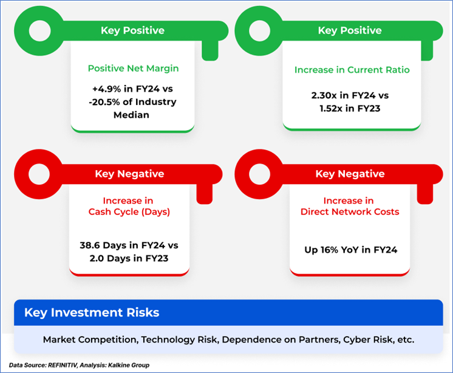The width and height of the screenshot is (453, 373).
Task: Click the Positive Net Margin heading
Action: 133,69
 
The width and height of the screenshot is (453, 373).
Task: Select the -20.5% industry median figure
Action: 104,102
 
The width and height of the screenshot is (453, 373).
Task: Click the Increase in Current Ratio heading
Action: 352,70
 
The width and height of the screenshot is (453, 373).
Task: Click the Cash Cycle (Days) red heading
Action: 129,212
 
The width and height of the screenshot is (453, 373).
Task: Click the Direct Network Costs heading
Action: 350,212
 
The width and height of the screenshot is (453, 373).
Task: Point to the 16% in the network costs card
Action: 329,250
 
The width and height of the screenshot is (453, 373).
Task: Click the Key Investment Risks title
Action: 92,313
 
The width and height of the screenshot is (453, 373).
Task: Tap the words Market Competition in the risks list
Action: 90,340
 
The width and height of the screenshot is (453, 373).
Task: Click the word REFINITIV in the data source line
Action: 63,365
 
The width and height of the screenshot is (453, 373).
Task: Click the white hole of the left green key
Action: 39,30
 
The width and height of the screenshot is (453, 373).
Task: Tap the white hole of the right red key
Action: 259,174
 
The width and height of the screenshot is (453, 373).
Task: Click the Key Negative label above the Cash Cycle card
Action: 129,174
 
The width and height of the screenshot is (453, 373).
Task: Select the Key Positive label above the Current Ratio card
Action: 350,30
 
